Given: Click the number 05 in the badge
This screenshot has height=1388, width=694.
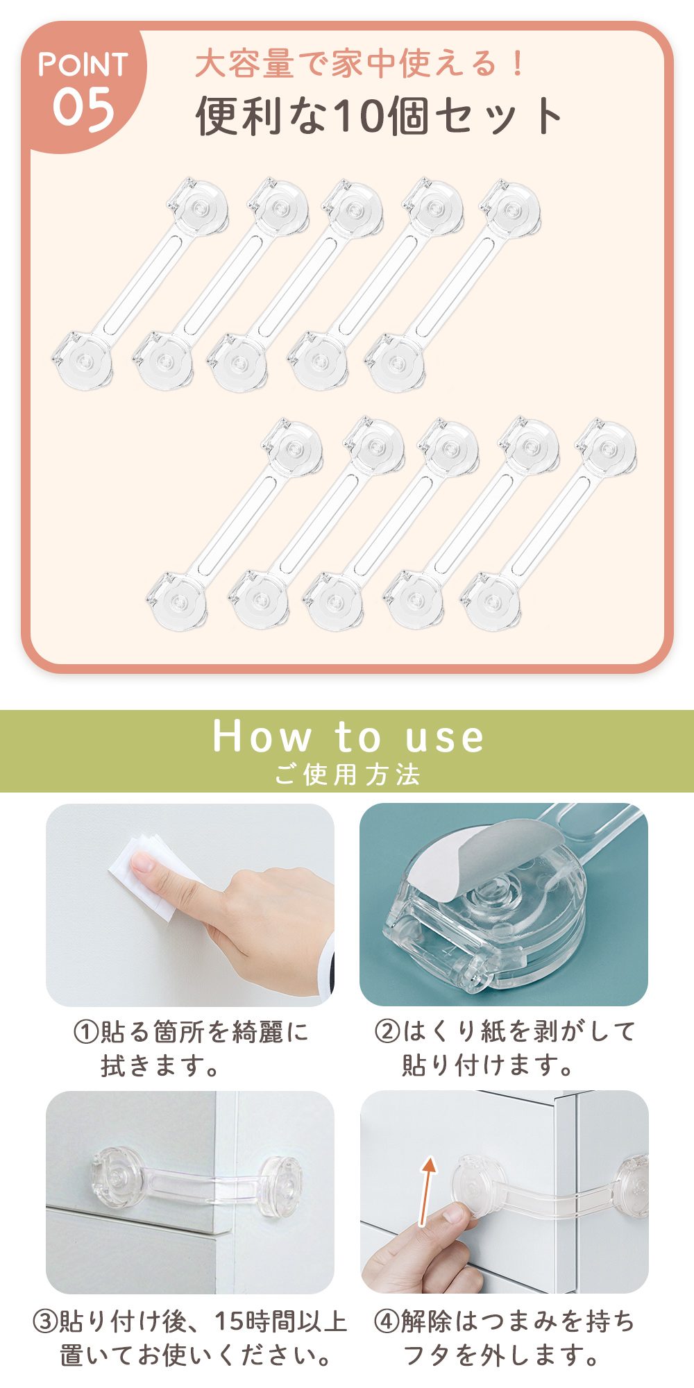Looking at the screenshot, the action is coord(83,109).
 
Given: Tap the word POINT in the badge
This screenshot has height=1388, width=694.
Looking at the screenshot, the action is coord(83,65).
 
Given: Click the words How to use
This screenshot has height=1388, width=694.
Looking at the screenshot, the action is coord(348,736).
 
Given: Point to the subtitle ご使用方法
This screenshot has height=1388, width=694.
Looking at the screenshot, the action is coord(347,775).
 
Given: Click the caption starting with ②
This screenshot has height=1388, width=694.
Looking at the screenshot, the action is coord(504,1048).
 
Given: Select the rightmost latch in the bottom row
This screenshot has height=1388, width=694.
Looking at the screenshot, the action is coord(548,524).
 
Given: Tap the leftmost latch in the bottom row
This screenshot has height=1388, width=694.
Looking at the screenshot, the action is coord(235,524).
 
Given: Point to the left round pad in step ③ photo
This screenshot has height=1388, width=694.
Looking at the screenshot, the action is coord(116,1176).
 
